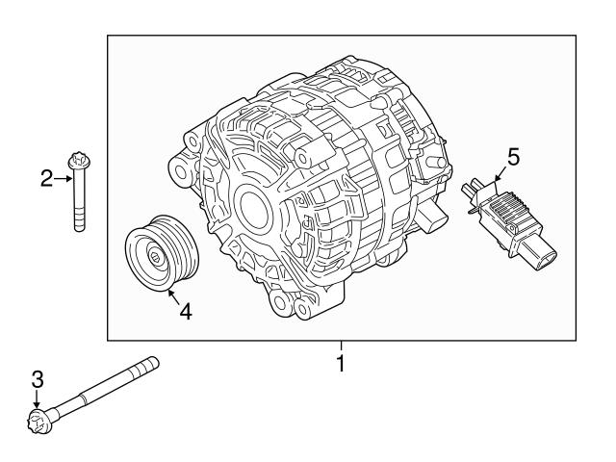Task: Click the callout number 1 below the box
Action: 339,365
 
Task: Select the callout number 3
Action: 38,380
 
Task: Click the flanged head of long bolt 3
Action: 39,420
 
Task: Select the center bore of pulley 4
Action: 155,256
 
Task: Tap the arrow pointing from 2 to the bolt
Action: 64,178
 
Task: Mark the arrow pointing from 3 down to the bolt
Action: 38,401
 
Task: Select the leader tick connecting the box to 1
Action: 339,347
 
